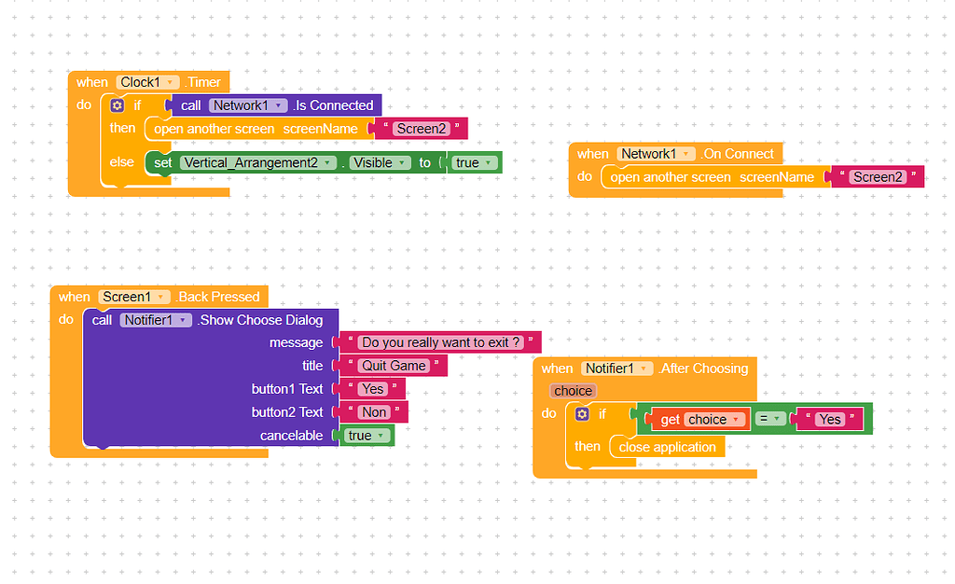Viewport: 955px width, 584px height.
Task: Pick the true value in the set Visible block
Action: (x=474, y=162)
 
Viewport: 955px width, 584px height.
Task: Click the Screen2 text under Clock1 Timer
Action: (x=421, y=129)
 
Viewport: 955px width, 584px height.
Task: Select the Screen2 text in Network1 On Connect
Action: (x=879, y=177)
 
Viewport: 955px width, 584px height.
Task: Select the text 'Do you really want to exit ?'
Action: (x=438, y=342)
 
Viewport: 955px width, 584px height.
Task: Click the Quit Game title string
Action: (x=394, y=366)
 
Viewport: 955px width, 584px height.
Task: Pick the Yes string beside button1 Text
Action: (x=373, y=388)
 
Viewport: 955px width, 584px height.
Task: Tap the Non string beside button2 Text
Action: (x=374, y=411)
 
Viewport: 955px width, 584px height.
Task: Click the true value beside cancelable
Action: (x=367, y=436)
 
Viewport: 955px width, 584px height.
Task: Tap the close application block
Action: (x=667, y=447)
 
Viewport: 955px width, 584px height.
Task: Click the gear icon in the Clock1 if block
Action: (x=117, y=105)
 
